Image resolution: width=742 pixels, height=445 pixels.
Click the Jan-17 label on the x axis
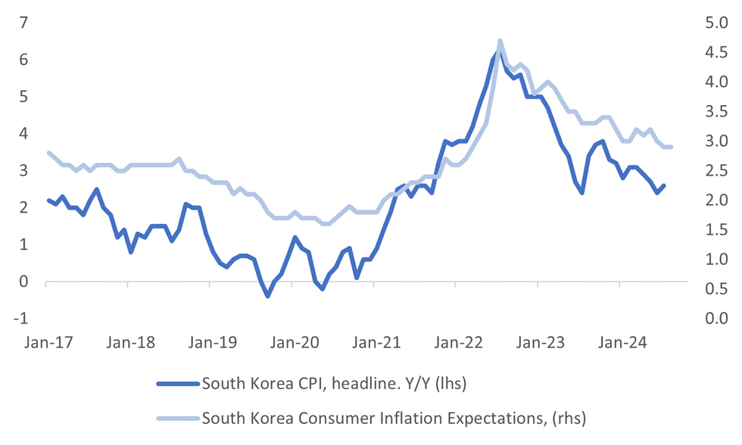pyautogui.click(x=46, y=343)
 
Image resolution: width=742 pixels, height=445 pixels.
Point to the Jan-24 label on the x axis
pyautogui.click(x=620, y=343)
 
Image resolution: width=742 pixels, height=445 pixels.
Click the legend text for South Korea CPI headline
pyautogui.click(x=334, y=384)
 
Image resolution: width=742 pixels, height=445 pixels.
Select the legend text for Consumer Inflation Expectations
pyautogui.click(x=394, y=417)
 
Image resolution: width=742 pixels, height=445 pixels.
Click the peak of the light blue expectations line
pyautogui.click(x=500, y=41)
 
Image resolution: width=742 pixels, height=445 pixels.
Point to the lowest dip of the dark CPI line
pyautogui.click(x=267, y=296)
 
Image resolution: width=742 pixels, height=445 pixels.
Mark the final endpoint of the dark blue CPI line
pyautogui.click(x=664, y=185)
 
